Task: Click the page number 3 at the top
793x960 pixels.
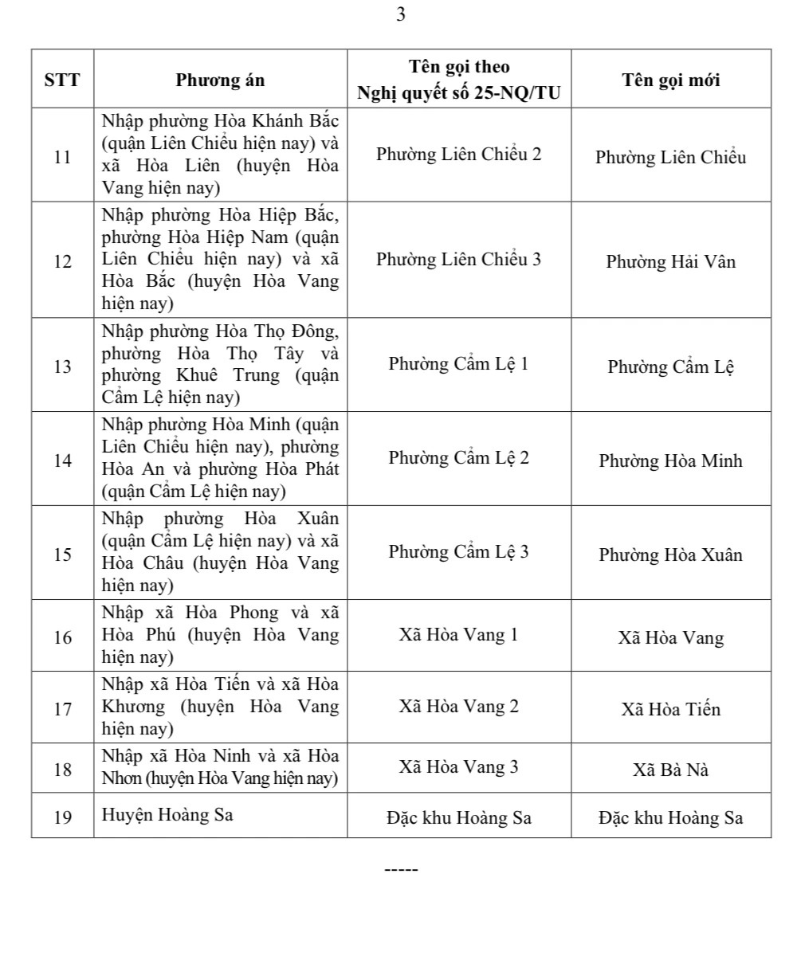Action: (400, 15)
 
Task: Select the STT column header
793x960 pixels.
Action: (62, 80)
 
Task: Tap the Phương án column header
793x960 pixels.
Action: (220, 80)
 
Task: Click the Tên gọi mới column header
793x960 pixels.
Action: (670, 80)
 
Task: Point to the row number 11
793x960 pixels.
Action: (62, 156)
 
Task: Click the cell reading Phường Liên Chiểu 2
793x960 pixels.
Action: (458, 154)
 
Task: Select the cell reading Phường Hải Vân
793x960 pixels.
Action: (670, 261)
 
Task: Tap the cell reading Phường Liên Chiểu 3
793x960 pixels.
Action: (458, 259)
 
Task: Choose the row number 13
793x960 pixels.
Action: (62, 366)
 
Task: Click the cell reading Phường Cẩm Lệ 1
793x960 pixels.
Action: (458, 364)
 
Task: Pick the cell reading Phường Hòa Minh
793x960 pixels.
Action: (670, 460)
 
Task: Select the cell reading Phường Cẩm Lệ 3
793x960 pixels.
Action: (458, 551)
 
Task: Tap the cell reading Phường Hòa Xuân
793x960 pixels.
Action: (670, 554)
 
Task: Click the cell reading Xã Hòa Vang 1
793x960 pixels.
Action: (458, 635)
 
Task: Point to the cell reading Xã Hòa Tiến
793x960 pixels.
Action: (670, 709)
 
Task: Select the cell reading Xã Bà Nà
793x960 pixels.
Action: (670, 770)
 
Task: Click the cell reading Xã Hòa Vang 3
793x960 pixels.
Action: (458, 766)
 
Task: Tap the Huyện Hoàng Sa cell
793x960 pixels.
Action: (167, 815)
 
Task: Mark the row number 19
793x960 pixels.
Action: (62, 817)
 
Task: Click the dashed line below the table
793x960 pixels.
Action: (401, 869)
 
